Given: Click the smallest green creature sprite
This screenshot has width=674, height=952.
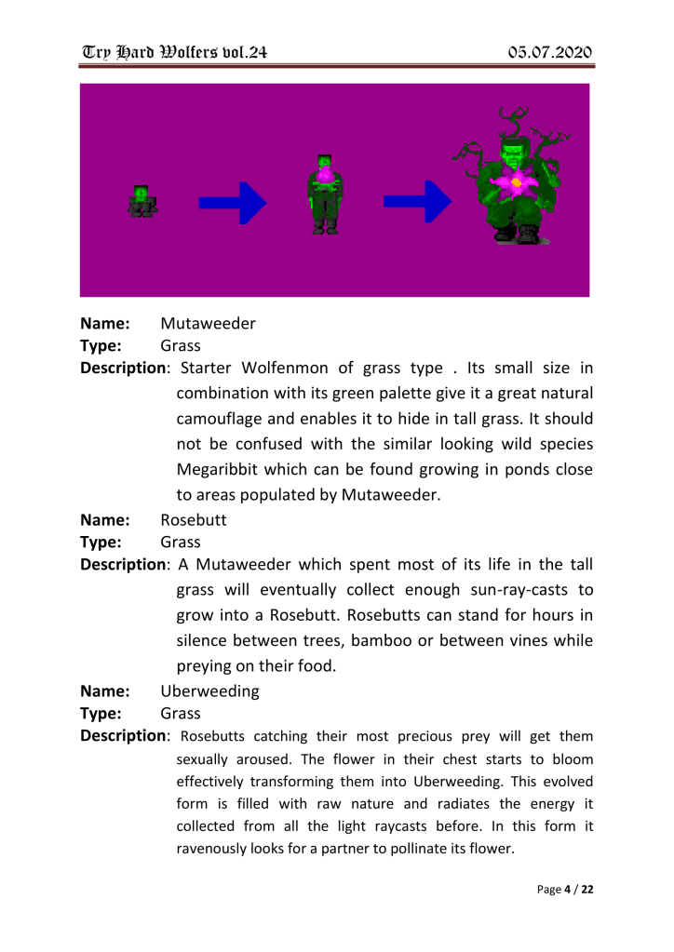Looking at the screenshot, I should click(142, 201).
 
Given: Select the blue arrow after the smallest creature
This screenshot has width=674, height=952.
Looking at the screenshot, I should click(233, 202).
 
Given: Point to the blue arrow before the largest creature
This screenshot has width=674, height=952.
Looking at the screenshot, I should click(418, 202).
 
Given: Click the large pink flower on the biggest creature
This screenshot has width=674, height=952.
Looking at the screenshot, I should click(515, 183).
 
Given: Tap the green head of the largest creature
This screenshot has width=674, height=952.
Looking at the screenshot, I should click(513, 152).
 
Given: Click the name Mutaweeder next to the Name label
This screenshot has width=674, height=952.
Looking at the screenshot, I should click(209, 325).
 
